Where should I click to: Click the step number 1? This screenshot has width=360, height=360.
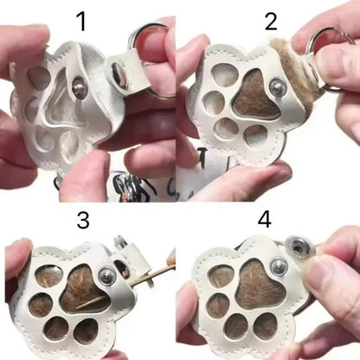point(82,22)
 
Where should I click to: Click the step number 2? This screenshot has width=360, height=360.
point(271,21)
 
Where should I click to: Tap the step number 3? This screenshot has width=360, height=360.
point(83,220)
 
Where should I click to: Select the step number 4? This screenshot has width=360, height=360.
point(264,220)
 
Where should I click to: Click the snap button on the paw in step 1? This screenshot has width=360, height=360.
point(80,88)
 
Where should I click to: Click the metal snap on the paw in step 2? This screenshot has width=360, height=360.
point(278,86)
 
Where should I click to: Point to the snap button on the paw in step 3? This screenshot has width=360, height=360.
point(106,276)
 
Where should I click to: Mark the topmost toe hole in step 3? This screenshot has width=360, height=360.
point(49,275)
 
